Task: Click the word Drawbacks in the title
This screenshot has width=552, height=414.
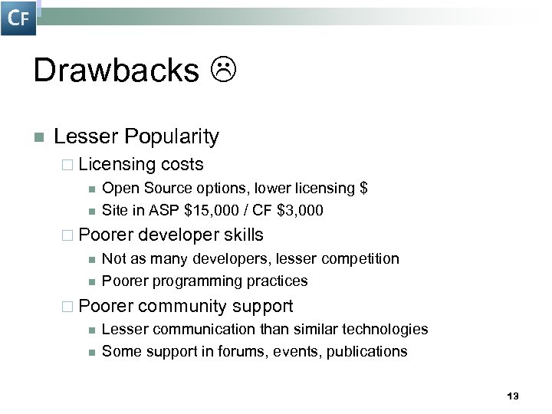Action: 116,71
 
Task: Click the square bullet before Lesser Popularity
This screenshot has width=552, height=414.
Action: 38,138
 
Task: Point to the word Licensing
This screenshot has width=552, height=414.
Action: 117,164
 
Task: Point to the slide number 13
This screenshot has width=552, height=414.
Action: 513,396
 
